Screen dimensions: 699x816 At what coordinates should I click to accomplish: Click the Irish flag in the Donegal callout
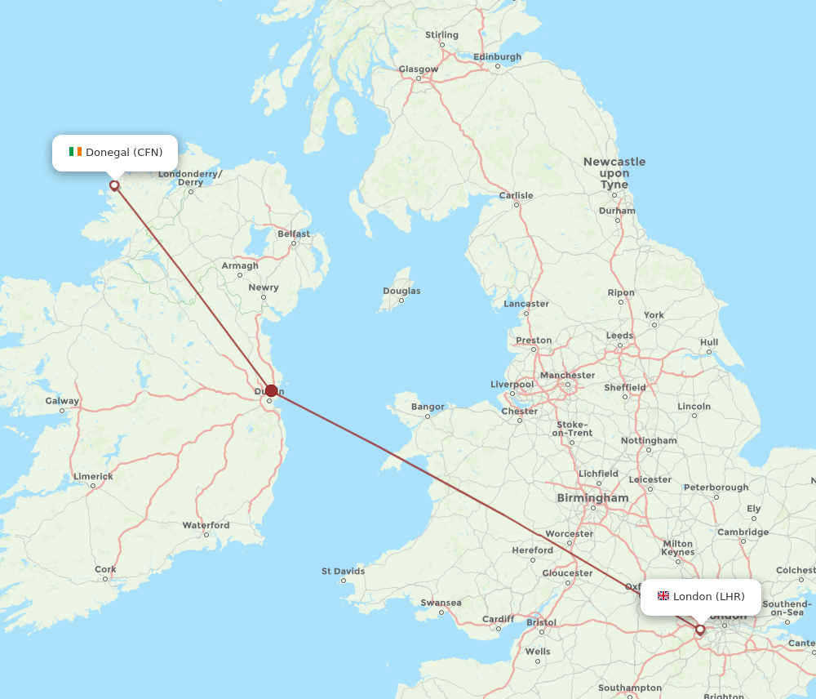pyautogui.click(x=75, y=152)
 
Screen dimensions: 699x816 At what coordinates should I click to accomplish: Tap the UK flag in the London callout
pyautogui.click(x=663, y=596)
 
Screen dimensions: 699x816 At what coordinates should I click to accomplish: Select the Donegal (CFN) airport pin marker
pyautogui.click(x=114, y=185)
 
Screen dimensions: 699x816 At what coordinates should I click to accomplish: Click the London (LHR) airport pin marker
pyautogui.click(x=699, y=630)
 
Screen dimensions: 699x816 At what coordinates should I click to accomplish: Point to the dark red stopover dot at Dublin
pyautogui.click(x=271, y=390)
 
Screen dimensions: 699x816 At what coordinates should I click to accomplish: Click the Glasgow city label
pyautogui.click(x=418, y=69)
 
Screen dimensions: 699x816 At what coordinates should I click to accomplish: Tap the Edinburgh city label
pyautogui.click(x=497, y=57)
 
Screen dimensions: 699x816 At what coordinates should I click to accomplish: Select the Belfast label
pyautogui.click(x=294, y=234)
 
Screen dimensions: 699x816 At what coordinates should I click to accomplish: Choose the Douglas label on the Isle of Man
pyautogui.click(x=401, y=292)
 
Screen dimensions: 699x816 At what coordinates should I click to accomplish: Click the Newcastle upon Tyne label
pyautogui.click(x=614, y=173)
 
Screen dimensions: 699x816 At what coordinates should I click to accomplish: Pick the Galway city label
pyautogui.click(x=62, y=401)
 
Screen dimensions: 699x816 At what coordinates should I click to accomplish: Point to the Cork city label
pyautogui.click(x=105, y=570)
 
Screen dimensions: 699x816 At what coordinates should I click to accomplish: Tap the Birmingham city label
pyautogui.click(x=592, y=498)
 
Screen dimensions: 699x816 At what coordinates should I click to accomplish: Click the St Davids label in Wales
pyautogui.click(x=343, y=572)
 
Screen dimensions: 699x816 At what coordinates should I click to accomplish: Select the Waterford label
pyautogui.click(x=206, y=526)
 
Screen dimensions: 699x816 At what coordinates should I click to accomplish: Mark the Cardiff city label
pyautogui.click(x=498, y=619)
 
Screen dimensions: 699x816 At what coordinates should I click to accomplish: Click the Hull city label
pyautogui.click(x=709, y=343)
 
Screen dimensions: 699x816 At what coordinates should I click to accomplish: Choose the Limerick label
pyautogui.click(x=93, y=476)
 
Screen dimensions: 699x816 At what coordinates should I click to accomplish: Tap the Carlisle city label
pyautogui.click(x=516, y=196)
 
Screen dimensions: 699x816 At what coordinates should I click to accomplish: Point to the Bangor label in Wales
pyautogui.click(x=428, y=407)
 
